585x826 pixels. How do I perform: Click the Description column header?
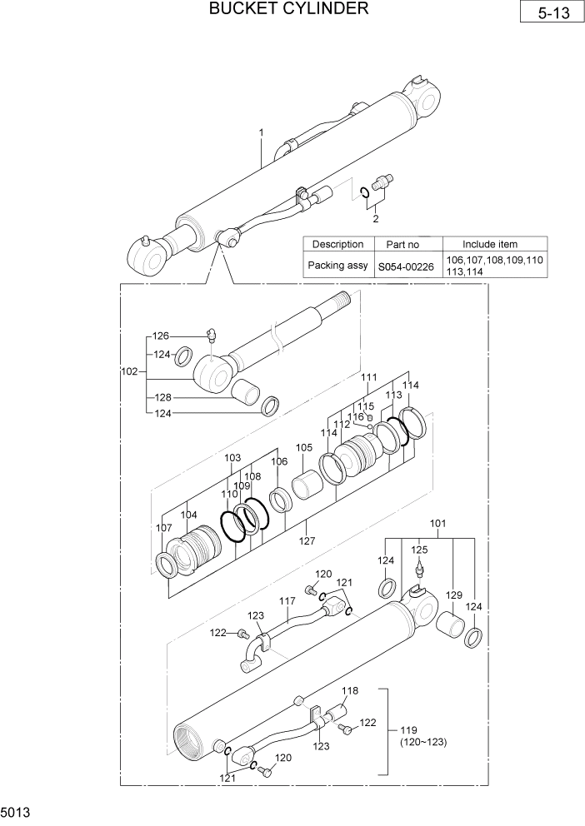coord(337,245)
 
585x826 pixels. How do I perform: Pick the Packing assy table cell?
coord(337,266)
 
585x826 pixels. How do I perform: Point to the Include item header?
coord(490,245)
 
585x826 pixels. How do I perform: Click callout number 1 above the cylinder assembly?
coord(261,132)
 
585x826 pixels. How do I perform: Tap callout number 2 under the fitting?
coord(376,219)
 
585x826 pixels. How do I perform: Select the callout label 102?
coord(129,372)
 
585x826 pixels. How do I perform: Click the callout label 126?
coord(161,336)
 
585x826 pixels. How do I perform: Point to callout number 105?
coord(304,448)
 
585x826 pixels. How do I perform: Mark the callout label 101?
coord(437,524)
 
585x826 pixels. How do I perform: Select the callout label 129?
coord(453,595)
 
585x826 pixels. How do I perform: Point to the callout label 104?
coord(189,515)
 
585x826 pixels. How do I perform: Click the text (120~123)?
coord(423,742)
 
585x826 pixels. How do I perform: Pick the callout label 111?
coord(369,377)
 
